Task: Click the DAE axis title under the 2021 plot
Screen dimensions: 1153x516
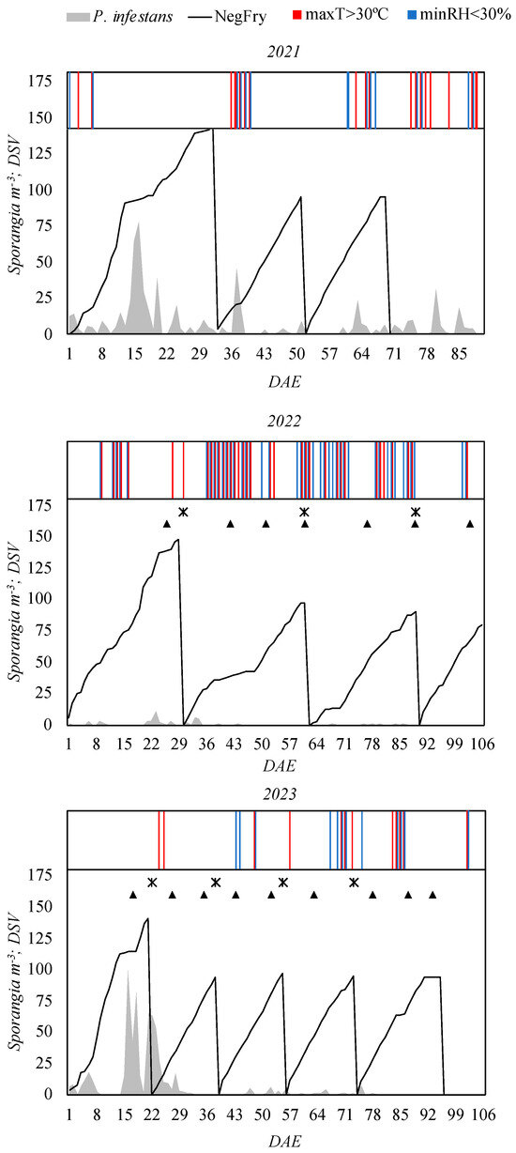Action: pyautogui.click(x=275, y=374)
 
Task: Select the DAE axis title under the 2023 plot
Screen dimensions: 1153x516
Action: pyautogui.click(x=275, y=1137)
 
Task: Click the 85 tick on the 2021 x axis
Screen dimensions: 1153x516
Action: pyautogui.click(x=459, y=353)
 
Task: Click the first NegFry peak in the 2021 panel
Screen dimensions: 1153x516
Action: pyautogui.click(x=213, y=130)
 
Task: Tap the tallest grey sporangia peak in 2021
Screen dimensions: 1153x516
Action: pyautogui.click(x=139, y=223)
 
